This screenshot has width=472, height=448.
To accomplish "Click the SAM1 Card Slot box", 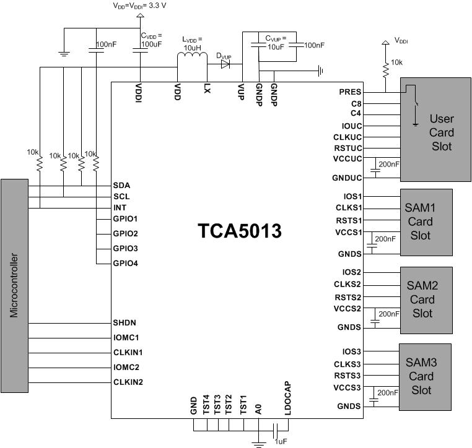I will tap(427, 222).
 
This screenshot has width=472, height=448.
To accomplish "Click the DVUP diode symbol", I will tap(225, 62).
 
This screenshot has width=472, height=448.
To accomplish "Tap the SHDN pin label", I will tap(125, 322).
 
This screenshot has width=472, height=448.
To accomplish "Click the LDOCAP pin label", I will tap(287, 396).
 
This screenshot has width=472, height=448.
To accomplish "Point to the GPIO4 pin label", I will tap(126, 263).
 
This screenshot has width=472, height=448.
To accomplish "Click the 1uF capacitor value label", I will tap(281, 441).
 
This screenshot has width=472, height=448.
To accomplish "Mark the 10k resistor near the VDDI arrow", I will tap(385, 71).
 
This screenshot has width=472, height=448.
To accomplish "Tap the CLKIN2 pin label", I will tap(128, 382).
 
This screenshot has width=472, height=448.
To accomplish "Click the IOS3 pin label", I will tap(351, 351).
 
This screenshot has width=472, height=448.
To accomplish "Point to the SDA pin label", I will tap(121, 185).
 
